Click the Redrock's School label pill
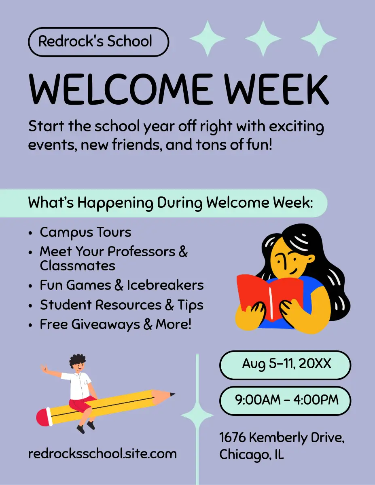pyautogui.click(x=98, y=42)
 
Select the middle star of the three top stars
pyautogui.click(x=263, y=38)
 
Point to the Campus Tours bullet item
pyautogui.click(x=85, y=232)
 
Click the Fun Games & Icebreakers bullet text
pyautogui.click(x=122, y=285)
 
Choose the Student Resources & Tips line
pyautogui.click(x=122, y=305)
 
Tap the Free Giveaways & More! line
pyautogui.click(x=116, y=324)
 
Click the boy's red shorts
pyautogui.click(x=82, y=404)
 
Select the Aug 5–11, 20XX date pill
pyautogui.click(x=285, y=365)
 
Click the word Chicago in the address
pyautogui.click(x=244, y=455)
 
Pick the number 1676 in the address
pyautogui.click(x=233, y=437)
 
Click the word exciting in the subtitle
pyautogui.click(x=297, y=127)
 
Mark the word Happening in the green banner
pyautogui.click(x=115, y=203)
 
